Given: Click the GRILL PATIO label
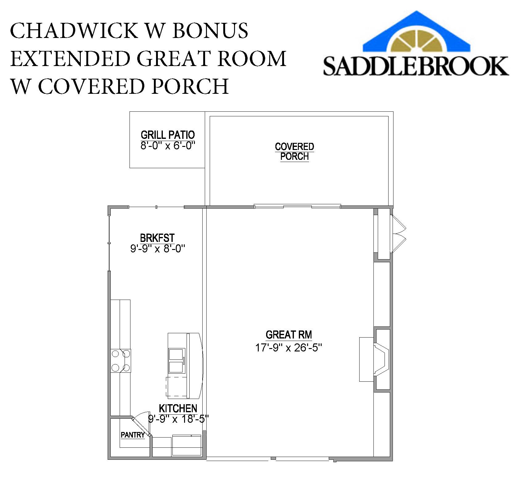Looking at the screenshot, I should pyautogui.click(x=167, y=135).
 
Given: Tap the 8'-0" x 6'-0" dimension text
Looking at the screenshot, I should pyautogui.click(x=167, y=145).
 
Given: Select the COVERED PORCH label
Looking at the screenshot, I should pyautogui.click(x=294, y=152).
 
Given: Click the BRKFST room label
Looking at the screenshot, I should pyautogui.click(x=157, y=238).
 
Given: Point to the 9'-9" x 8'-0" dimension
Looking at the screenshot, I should pyautogui.click(x=157, y=248).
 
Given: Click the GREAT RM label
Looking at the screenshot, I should pyautogui.click(x=289, y=335).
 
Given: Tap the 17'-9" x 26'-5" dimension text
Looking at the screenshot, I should pyautogui.click(x=288, y=348).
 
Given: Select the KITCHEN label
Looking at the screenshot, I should pyautogui.click(x=178, y=408).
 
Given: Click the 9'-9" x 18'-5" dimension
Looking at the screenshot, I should pyautogui.click(x=178, y=419).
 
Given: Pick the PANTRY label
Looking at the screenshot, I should pyautogui.click(x=133, y=435).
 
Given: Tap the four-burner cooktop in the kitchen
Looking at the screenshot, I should pyautogui.click(x=121, y=361).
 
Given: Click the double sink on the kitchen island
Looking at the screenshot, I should pyautogui.click(x=177, y=361).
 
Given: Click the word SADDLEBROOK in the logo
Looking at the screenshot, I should pyautogui.click(x=415, y=66).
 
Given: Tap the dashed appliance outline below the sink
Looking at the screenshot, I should pyautogui.click(x=176, y=386).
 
